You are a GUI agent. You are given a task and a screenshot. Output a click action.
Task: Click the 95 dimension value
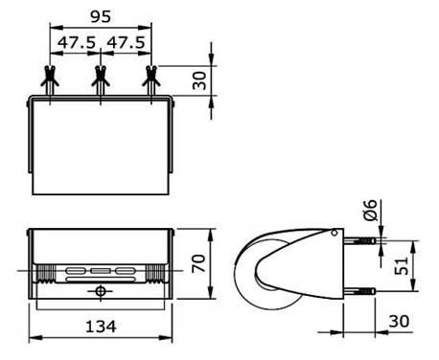click(x=101, y=16)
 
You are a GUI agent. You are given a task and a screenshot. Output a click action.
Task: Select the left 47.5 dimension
click(x=77, y=42)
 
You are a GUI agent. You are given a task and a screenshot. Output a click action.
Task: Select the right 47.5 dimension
click(x=126, y=42)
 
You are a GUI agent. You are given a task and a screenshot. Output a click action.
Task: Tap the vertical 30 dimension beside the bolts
click(x=199, y=80)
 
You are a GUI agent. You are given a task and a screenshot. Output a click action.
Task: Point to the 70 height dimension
click(x=198, y=263)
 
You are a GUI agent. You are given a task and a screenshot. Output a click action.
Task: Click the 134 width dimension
click(x=101, y=326)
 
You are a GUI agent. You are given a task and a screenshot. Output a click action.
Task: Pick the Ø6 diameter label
click(x=371, y=210)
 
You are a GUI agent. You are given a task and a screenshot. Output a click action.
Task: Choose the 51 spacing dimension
click(x=402, y=265)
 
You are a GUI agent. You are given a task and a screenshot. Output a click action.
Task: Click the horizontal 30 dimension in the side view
click(x=399, y=321)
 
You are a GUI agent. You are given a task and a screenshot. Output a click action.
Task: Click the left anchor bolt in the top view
click(x=50, y=80)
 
